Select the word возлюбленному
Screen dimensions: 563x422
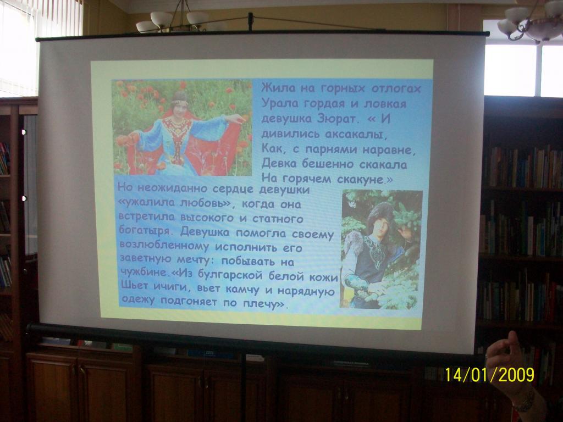coord(164,246)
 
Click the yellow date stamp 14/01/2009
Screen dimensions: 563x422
coord(489,375)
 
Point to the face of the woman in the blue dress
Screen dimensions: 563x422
coord(179,107)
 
